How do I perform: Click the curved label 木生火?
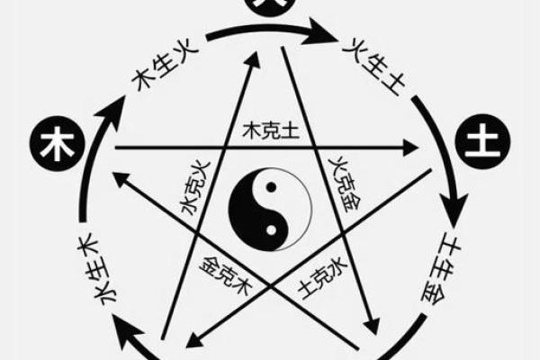tap(155, 73)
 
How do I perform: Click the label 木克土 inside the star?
tap(271, 131)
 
